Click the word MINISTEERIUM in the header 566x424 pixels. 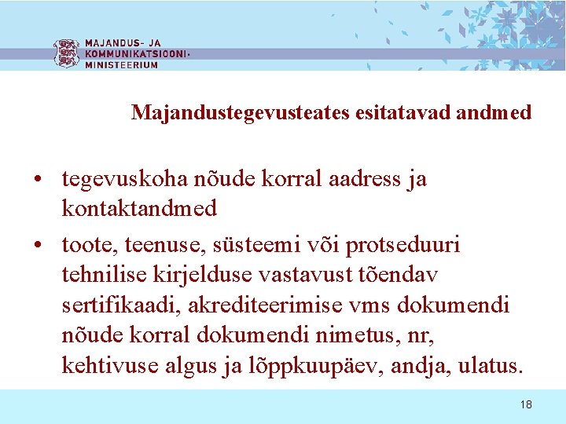(121, 65)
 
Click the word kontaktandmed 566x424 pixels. (139, 208)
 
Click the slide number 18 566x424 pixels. (526, 404)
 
